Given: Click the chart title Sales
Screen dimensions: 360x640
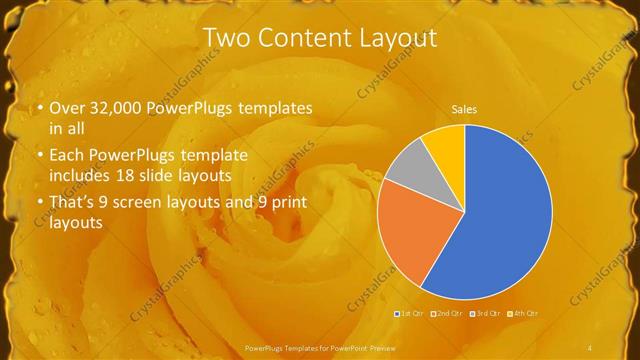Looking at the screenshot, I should [x=464, y=108].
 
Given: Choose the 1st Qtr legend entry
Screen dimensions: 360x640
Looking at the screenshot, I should [x=411, y=314].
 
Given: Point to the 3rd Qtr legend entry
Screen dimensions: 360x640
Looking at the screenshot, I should [x=485, y=314].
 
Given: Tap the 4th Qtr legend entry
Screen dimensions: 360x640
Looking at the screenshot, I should [x=523, y=314].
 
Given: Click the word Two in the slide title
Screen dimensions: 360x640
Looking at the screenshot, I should [x=226, y=38].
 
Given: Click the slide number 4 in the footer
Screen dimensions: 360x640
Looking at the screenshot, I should [x=590, y=347].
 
